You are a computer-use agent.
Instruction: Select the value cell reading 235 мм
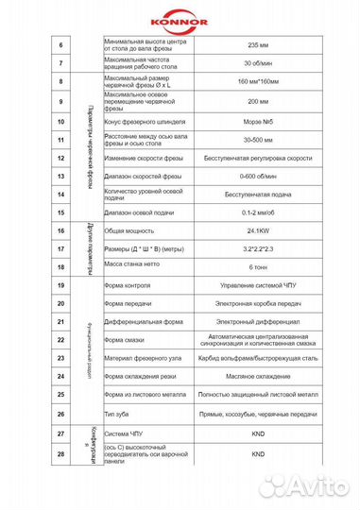pyautogui.click(x=251, y=45)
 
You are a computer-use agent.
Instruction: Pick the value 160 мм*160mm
pyautogui.click(x=251, y=83)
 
